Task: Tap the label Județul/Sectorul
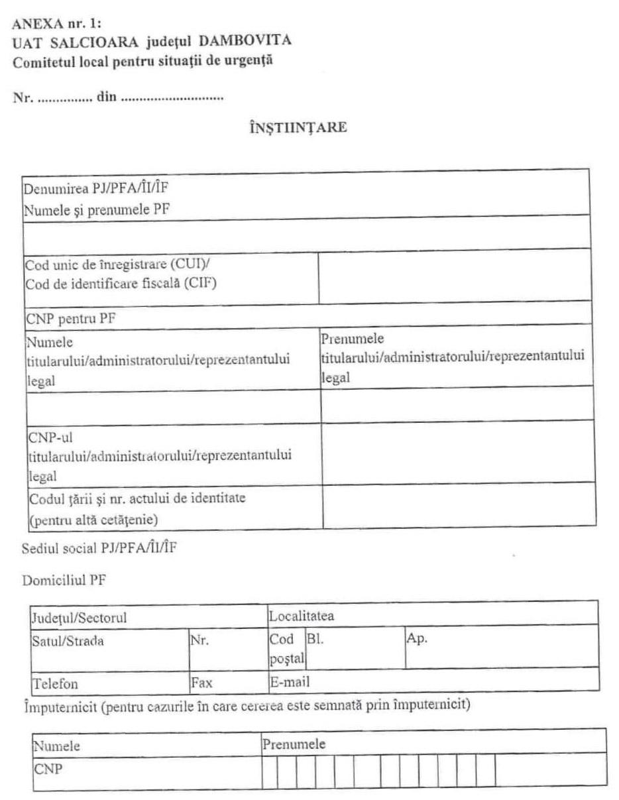(79, 618)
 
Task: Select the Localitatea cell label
(302, 616)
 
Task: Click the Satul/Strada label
(68, 642)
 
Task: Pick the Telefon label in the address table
(54, 683)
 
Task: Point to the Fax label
(201, 682)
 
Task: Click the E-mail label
(290, 681)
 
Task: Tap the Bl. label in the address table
(315, 641)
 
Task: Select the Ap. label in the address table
(420, 641)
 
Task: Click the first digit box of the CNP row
(270, 771)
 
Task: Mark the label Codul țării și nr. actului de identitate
(137, 498)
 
